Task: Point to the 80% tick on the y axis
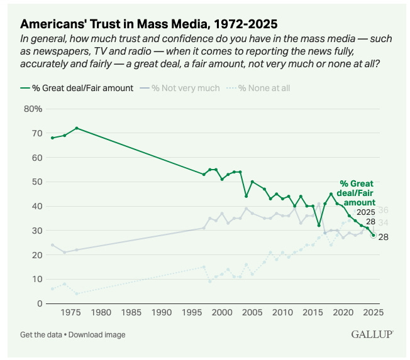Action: (33, 109)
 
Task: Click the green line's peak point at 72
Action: (77, 128)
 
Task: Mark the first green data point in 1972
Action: (52, 138)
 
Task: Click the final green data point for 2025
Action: (374, 235)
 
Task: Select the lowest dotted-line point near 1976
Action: (77, 293)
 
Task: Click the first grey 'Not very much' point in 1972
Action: (52, 245)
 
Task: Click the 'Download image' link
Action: (97, 335)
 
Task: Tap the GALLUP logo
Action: (372, 335)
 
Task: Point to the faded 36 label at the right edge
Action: (383, 210)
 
